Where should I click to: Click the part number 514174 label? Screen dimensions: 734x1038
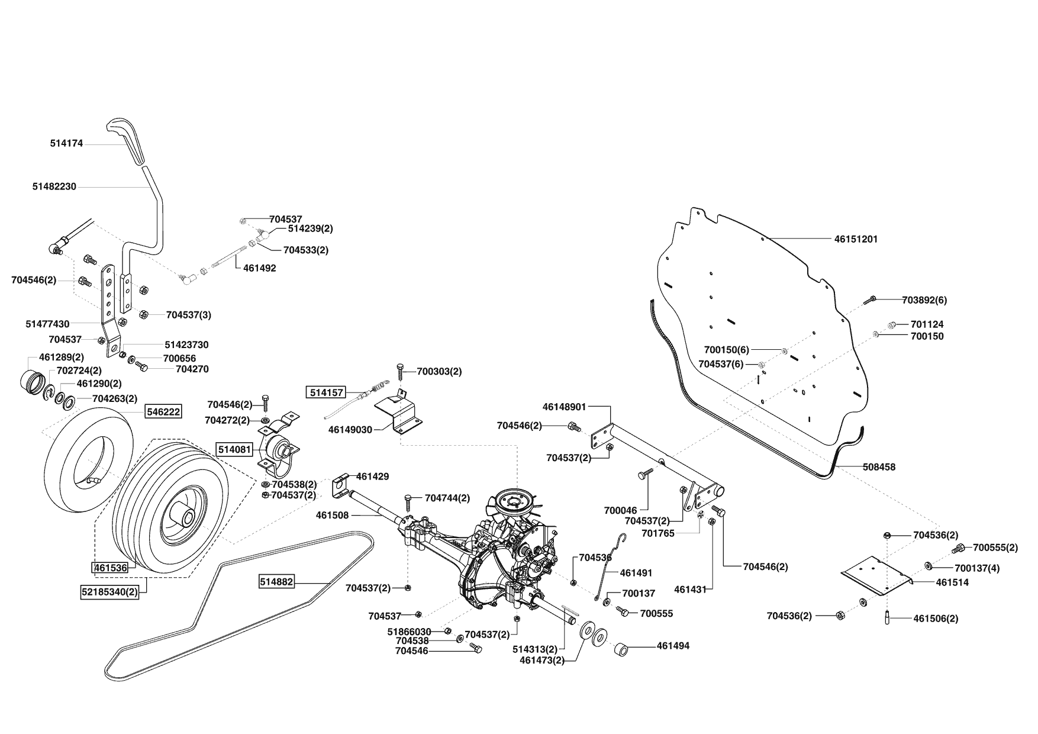[66, 143]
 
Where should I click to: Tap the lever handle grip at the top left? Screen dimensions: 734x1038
[127, 140]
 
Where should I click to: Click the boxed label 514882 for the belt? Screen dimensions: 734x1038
[276, 582]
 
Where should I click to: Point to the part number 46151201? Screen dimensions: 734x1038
[856, 239]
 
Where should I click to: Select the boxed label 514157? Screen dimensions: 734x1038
[325, 392]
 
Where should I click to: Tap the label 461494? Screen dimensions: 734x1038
[673, 646]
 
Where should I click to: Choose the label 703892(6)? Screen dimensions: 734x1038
[924, 300]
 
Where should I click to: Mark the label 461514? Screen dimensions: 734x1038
[952, 582]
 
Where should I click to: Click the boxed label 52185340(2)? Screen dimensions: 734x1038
[109, 590]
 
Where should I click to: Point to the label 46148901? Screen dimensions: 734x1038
[564, 407]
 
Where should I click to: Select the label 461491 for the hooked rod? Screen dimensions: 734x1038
[636, 573]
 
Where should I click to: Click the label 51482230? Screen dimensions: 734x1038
[54, 186]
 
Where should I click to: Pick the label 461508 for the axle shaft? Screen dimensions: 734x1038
[332, 515]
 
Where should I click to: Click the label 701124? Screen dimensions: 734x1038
[927, 324]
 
